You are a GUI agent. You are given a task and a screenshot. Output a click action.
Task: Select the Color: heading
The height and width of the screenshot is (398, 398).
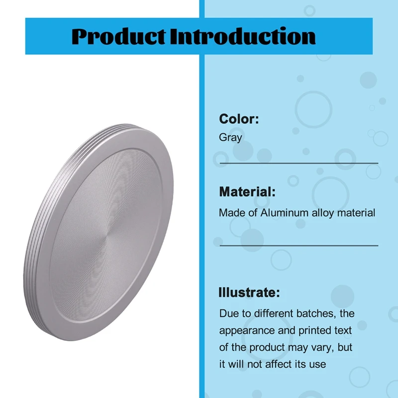coord(239,119)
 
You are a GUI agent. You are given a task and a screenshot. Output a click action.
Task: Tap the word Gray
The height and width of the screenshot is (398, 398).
coord(230,137)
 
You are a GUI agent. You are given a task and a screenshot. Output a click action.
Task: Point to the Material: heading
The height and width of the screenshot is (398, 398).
coord(247,192)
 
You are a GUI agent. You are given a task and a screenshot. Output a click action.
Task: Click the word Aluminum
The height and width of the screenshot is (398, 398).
coord(281,213)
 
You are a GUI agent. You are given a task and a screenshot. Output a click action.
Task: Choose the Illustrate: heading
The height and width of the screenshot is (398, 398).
coord(249,293)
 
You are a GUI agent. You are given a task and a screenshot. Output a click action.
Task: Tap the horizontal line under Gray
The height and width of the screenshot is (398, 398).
coord(298,163)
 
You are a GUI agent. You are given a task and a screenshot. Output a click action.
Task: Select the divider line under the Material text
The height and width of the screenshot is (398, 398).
coord(298,245)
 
